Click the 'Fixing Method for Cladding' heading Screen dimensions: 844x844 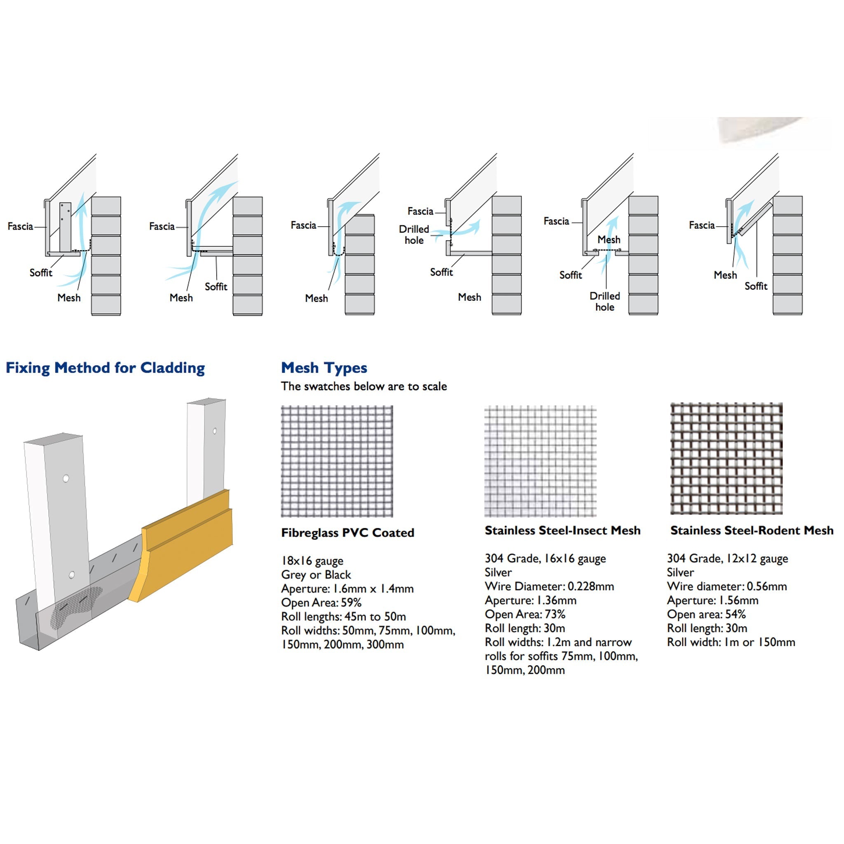(105, 368)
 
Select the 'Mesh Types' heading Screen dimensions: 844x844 (324, 368)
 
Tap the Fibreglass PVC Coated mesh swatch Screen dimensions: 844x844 (337, 461)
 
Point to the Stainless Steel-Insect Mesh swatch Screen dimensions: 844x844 (540, 461)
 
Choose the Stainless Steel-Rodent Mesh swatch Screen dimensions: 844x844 (726, 458)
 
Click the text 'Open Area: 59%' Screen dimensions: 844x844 (321, 603)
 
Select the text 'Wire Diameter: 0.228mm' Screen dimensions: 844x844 (549, 586)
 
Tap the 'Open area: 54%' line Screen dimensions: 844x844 (706, 614)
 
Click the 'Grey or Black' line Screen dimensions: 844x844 (316, 574)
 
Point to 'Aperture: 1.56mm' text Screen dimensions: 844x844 (713, 600)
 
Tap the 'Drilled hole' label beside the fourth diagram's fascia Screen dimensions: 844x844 (414, 234)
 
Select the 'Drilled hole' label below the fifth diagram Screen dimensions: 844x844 (605, 301)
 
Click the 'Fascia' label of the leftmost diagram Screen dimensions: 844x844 (20, 226)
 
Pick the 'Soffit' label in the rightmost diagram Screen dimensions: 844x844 (756, 286)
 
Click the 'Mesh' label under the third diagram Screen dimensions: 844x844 (316, 298)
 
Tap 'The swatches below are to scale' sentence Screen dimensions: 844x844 (364, 386)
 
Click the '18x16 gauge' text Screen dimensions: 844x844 (312, 560)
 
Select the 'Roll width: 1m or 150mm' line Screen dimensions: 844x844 (731, 642)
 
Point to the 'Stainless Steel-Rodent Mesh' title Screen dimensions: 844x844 (752, 530)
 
